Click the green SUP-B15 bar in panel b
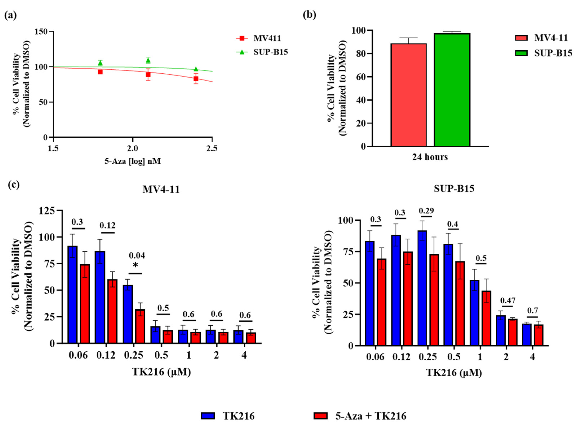coord(452,90)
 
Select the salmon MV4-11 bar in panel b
coord(408,95)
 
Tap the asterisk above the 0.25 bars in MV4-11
coord(135,265)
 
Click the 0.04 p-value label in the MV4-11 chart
coord(137,256)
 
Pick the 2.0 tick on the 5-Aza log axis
coord(133,148)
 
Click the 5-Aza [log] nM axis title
coord(133,161)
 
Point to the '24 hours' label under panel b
coord(430,157)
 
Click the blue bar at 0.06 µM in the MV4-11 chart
coord(72,295)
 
